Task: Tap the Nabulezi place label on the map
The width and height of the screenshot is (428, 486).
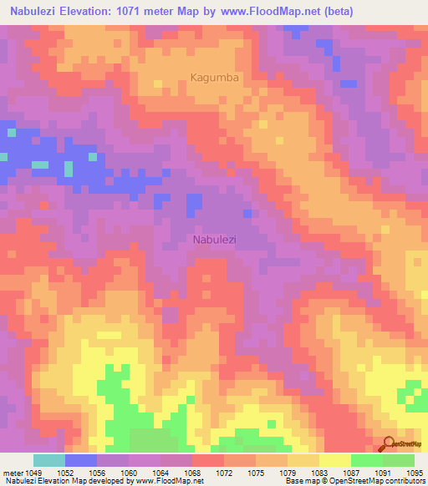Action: point(214,240)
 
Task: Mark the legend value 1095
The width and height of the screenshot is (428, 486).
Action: point(415,473)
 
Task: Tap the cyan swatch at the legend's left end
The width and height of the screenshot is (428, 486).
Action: point(49,460)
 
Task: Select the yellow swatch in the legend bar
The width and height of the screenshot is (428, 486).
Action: point(334,460)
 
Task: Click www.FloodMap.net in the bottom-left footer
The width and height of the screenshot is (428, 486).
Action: point(170,481)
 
